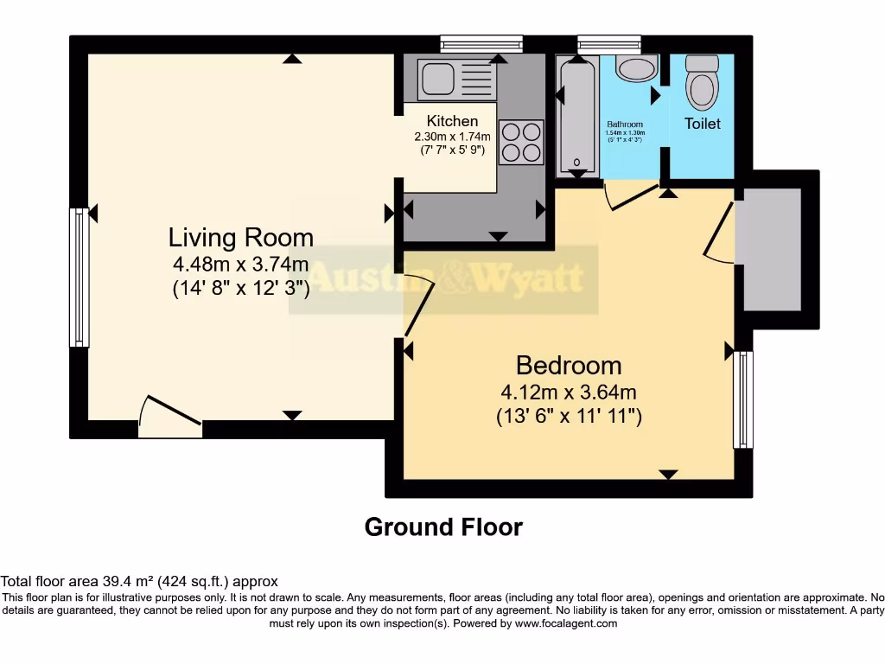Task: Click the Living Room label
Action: [x=240, y=237]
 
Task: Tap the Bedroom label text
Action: [x=568, y=365]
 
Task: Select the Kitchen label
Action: [x=452, y=121]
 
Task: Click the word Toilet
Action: [x=702, y=124]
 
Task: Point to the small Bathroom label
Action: [x=624, y=124]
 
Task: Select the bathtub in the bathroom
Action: [x=576, y=117]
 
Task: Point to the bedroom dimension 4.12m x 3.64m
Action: [x=568, y=392]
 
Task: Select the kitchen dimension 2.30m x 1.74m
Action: [x=452, y=136]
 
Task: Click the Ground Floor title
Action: [x=443, y=527]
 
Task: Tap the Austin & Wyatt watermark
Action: [x=444, y=278]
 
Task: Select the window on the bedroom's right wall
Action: [x=742, y=399]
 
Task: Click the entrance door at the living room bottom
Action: [x=170, y=418]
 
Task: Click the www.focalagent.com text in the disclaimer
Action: [x=565, y=623]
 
